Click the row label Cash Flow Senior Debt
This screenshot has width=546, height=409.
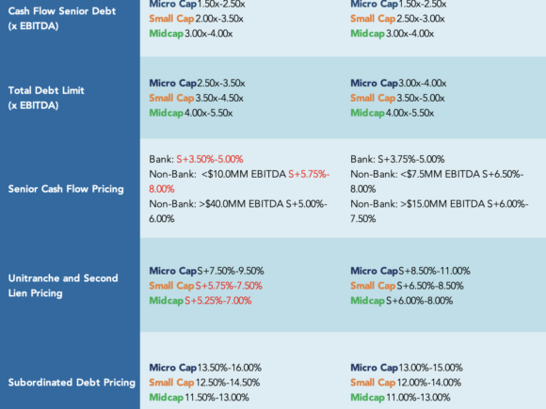click(x=62, y=11)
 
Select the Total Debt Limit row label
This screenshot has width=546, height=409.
click(x=46, y=90)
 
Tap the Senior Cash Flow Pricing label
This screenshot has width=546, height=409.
click(x=66, y=189)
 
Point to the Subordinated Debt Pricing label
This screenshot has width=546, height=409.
click(x=72, y=383)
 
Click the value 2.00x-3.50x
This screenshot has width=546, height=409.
click(x=219, y=19)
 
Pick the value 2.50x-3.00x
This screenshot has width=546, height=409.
click(x=421, y=19)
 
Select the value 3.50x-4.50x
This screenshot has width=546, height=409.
click(x=219, y=98)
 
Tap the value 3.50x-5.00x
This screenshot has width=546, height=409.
click(x=421, y=98)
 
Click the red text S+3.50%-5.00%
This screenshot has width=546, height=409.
click(x=210, y=159)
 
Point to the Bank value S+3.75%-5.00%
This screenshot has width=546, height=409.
click(x=410, y=159)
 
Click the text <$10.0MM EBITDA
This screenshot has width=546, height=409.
click(x=244, y=174)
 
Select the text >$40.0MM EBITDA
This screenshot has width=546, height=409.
click(x=241, y=204)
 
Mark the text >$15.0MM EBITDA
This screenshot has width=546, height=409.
click(x=442, y=204)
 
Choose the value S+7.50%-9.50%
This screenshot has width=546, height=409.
click(x=231, y=271)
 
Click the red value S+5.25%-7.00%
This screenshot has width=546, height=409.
click(x=218, y=301)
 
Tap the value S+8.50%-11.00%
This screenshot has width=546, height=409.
click(x=434, y=271)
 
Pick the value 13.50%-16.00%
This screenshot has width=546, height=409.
click(x=230, y=368)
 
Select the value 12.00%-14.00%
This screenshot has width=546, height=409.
click(x=429, y=383)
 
